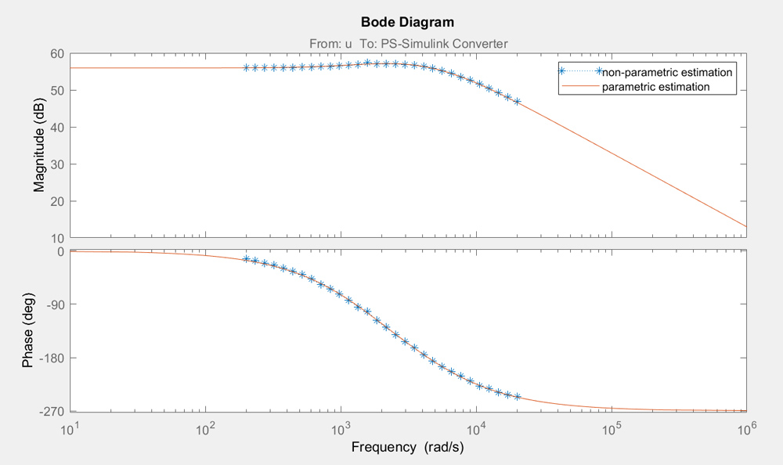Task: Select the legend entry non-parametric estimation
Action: [666, 72]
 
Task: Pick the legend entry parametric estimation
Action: [655, 87]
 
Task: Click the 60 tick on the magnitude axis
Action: [56, 54]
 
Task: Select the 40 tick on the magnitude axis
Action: [56, 128]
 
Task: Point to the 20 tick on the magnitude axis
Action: [56, 201]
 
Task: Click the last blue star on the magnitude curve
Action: [517, 102]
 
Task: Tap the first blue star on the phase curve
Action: [246, 259]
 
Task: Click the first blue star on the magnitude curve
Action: [246, 68]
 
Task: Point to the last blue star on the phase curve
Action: [517, 397]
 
